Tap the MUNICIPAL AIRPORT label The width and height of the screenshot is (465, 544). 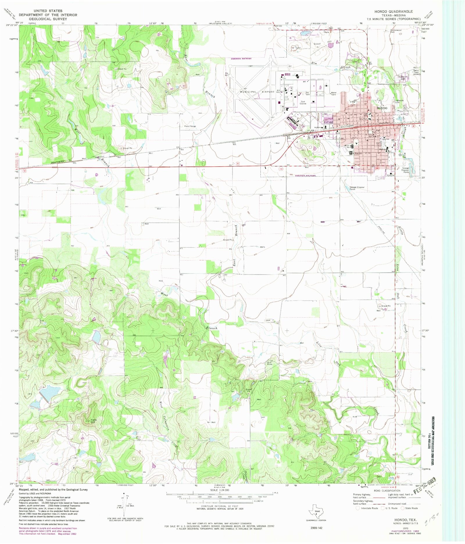click(257, 92)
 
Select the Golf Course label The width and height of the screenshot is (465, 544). click(303, 102)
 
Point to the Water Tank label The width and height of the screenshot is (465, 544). click(334, 94)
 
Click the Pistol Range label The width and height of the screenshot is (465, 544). click(190, 126)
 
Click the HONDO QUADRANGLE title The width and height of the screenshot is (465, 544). click(393, 12)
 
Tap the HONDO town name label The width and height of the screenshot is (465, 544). click(382, 108)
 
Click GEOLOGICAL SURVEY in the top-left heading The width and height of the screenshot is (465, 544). click(48, 19)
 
